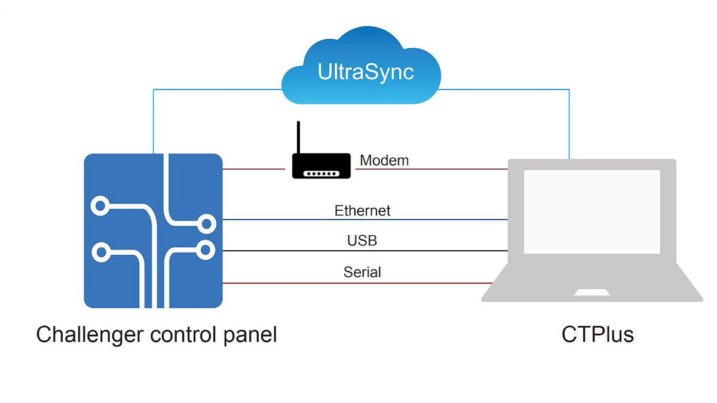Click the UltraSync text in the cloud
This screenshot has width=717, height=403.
(366, 72)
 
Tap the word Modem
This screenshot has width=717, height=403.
(384, 160)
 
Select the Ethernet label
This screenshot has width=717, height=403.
(362, 211)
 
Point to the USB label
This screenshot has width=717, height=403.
(362, 241)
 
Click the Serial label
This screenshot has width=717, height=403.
(362, 272)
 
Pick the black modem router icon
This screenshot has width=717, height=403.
(320, 165)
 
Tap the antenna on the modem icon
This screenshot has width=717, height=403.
(298, 137)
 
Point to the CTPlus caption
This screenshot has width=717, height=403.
(597, 334)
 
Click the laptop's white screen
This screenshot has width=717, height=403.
(592, 211)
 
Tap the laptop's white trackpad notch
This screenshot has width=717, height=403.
(592, 293)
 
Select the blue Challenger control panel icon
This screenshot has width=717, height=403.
(153, 230)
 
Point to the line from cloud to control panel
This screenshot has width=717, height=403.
(154, 119)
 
